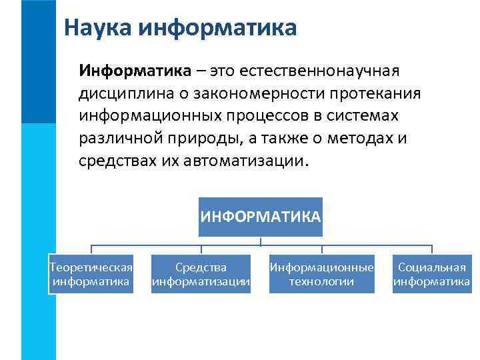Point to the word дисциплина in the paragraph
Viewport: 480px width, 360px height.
tap(121, 93)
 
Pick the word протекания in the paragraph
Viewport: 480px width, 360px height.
tap(371, 93)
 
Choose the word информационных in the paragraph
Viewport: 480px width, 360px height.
tap(147, 115)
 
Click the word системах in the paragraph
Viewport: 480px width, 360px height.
tap(373, 115)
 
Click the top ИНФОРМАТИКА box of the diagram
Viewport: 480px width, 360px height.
tap(261, 217)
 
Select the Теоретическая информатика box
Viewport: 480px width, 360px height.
tap(91, 274)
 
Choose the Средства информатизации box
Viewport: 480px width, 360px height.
tap(201, 274)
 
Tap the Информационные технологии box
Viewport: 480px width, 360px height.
tap(321, 274)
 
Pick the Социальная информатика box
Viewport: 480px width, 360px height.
tap(431, 274)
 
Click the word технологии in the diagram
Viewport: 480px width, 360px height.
tap(321, 281)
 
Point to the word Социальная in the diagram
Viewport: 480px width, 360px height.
tap(431, 267)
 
